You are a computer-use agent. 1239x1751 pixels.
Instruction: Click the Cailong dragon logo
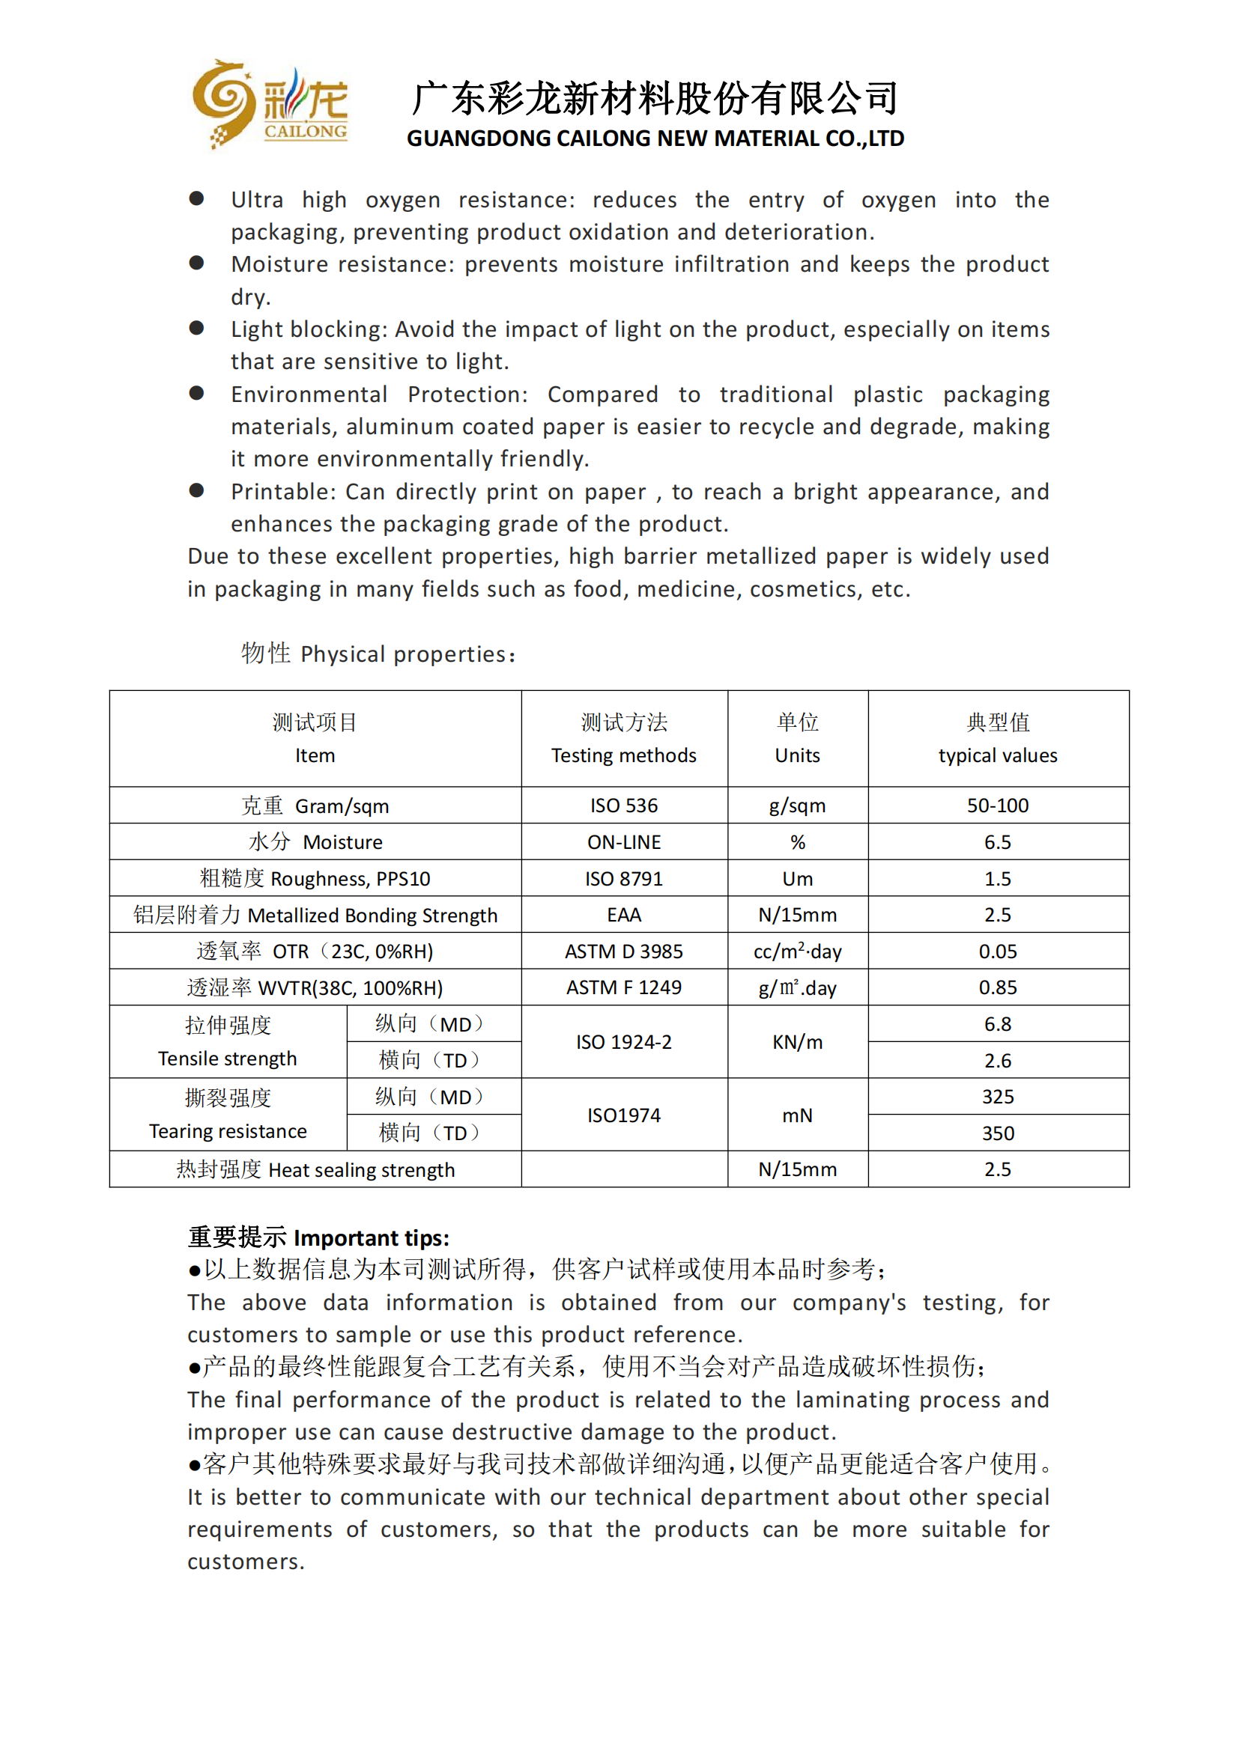pos(269,104)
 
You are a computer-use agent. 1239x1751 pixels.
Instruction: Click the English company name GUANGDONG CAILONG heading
pos(655,138)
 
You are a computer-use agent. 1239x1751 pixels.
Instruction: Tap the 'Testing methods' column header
pos(623,755)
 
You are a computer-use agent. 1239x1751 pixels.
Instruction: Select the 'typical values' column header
pos(997,755)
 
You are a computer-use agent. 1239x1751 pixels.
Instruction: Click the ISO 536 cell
pos(623,806)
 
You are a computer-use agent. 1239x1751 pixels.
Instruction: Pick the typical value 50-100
pos(997,806)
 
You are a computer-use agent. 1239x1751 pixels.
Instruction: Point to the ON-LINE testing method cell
pos(623,842)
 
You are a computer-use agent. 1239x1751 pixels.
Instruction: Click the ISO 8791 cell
pos(623,879)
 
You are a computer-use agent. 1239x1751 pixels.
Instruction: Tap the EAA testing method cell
pos(623,914)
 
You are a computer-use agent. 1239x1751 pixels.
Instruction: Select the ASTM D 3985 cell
pos(623,951)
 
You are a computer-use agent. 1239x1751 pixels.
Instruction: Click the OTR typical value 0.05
pos(997,951)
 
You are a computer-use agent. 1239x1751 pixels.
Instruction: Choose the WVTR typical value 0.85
pos(997,987)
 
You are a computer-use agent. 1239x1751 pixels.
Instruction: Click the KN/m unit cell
pos(797,1042)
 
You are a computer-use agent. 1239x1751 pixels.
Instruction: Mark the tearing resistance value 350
pos(997,1133)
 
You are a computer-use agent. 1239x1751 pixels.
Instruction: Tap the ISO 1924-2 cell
pos(623,1042)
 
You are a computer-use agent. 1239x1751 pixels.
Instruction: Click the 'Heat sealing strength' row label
pos(315,1169)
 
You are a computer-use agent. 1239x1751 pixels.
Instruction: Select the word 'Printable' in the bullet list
pos(283,492)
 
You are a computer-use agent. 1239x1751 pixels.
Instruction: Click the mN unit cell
pos(797,1115)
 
